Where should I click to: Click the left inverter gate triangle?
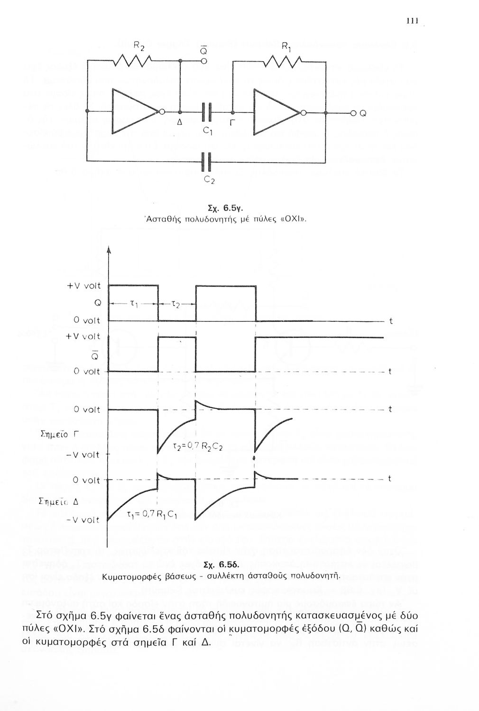click(135, 112)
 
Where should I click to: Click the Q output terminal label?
click(363, 113)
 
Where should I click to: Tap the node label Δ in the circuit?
click(179, 123)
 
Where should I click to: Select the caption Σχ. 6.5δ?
click(220, 565)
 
